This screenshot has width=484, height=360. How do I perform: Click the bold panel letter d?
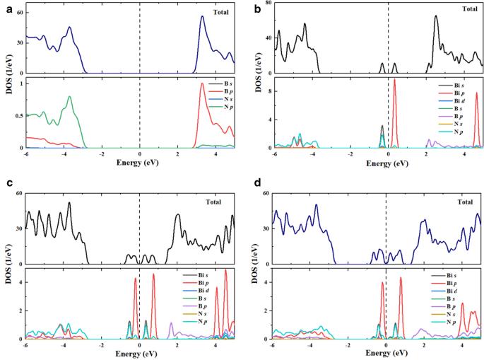click(252, 185)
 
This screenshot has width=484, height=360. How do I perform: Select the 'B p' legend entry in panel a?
click(219, 93)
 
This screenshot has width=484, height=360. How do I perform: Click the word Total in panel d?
click(464, 202)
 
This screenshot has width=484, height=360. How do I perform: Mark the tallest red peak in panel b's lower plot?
click(394, 79)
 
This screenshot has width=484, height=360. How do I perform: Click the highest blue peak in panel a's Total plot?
click(202, 16)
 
